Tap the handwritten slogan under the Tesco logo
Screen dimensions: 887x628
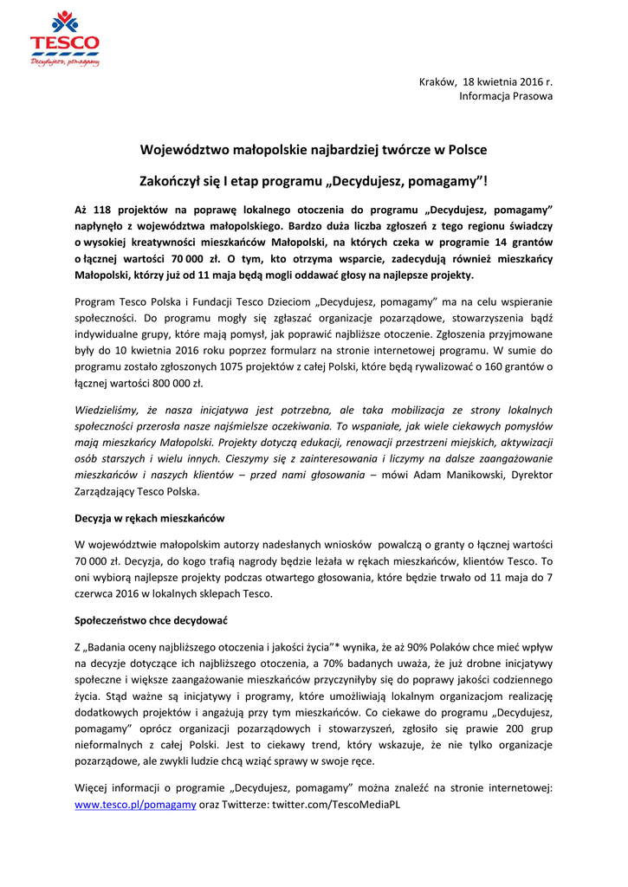(x=65, y=62)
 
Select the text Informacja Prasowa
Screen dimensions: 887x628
(x=505, y=96)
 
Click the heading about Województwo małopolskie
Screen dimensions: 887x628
(x=314, y=149)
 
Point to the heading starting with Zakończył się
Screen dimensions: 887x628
(x=314, y=182)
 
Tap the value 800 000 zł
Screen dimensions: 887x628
(x=177, y=383)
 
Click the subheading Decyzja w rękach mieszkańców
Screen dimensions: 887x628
(x=150, y=518)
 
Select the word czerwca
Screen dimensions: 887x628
(x=96, y=593)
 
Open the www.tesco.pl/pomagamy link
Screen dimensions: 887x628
(x=135, y=805)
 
